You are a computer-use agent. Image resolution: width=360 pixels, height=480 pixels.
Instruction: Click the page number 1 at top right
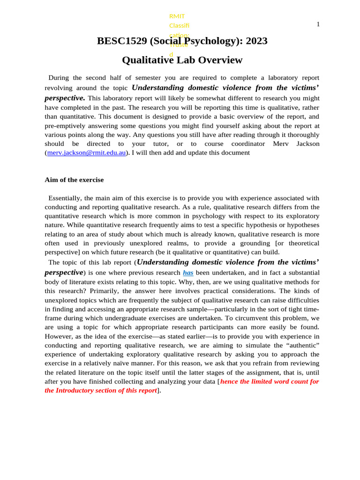pyautogui.click(x=318, y=24)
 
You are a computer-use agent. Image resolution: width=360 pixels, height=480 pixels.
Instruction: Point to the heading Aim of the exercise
pyautogui.click(x=74, y=180)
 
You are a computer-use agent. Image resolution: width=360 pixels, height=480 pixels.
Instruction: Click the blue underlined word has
pyautogui.click(x=188, y=272)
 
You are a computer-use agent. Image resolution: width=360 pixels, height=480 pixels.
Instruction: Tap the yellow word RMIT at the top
pyautogui.click(x=177, y=16)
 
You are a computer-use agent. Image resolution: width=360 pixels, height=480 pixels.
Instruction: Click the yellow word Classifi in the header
pyautogui.click(x=179, y=25)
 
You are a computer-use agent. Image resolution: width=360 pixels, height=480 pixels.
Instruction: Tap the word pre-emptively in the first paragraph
pyautogui.click(x=66, y=126)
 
